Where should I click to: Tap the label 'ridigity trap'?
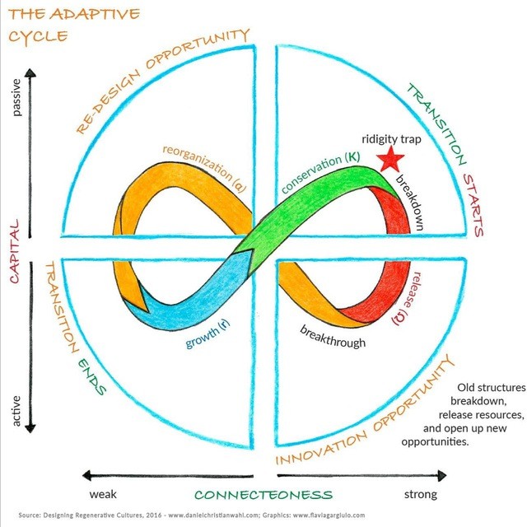pos(392,139)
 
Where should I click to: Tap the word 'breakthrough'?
pos(333,336)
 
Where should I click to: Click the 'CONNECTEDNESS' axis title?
pos(263,495)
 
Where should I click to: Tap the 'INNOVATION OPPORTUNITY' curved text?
pos(366,408)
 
